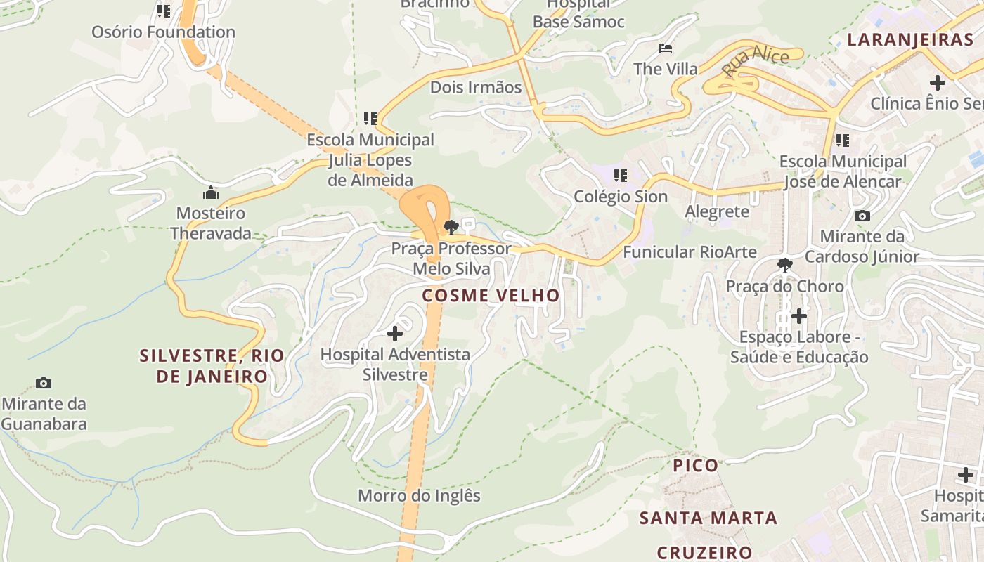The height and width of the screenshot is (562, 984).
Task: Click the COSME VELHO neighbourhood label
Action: (x=491, y=296)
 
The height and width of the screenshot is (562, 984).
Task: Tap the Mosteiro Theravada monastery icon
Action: (x=210, y=192)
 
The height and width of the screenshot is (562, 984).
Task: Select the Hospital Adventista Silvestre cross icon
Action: (x=395, y=333)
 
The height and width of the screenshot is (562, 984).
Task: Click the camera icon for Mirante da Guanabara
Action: (x=44, y=383)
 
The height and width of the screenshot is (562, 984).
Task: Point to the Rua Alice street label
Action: (x=755, y=60)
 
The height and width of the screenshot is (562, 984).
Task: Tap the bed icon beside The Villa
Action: (x=665, y=48)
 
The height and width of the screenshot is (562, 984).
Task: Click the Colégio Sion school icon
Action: (x=620, y=175)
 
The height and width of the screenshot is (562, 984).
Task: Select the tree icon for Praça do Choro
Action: (x=784, y=266)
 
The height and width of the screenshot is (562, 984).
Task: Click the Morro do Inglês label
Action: (x=419, y=496)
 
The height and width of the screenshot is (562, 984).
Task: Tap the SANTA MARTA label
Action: (x=708, y=518)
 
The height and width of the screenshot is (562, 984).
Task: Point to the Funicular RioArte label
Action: (x=690, y=252)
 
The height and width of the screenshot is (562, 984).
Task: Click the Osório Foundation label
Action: (x=163, y=32)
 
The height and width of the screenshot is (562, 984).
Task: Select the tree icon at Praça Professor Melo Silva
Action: (x=451, y=227)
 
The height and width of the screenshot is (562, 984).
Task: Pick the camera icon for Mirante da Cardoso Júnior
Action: (x=862, y=216)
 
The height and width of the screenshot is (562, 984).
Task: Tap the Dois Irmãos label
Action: (x=476, y=87)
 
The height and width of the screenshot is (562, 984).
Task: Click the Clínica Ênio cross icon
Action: (x=937, y=82)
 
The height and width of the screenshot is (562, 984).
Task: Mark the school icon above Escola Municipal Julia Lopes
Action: (x=370, y=119)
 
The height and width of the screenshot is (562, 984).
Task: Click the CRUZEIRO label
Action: (x=704, y=552)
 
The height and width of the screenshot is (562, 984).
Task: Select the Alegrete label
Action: (x=717, y=211)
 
